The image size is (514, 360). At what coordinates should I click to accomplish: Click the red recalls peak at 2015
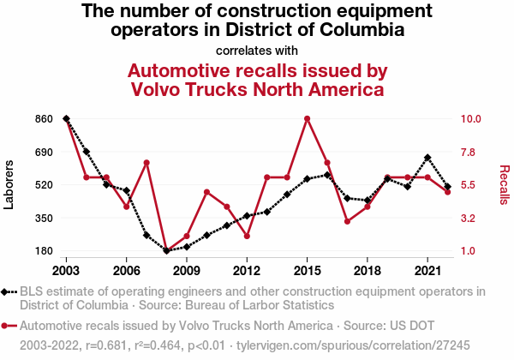307,118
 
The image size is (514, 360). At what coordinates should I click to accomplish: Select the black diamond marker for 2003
66,118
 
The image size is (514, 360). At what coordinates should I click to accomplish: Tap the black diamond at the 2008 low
166,251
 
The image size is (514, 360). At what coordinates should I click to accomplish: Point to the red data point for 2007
146,163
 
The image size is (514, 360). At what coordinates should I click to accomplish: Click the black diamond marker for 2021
427,158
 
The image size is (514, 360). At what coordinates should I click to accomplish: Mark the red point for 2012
247,236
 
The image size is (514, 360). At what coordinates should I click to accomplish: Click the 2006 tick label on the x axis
126,266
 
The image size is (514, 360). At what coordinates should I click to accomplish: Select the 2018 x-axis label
367,266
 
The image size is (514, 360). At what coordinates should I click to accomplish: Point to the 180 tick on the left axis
44,251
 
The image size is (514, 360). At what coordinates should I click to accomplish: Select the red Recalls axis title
504,184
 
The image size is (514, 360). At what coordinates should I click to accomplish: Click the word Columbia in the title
360,30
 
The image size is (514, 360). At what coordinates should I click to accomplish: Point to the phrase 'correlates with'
257,50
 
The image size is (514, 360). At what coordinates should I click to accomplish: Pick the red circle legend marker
8,327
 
